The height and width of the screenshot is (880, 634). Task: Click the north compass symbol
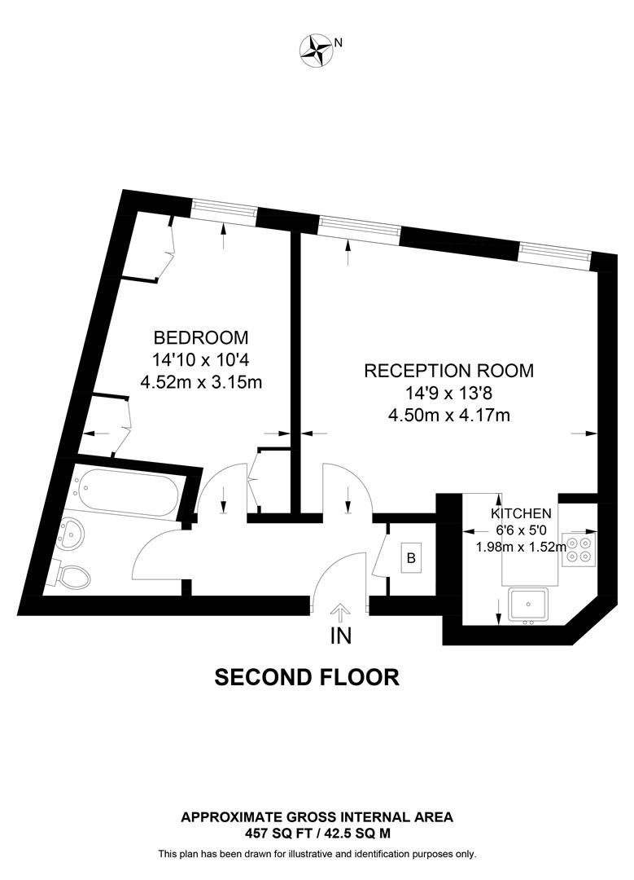[315, 50]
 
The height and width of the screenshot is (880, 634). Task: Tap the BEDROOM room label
[201, 337]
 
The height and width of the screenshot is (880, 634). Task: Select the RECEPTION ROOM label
[448, 371]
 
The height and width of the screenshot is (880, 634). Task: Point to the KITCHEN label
[522, 513]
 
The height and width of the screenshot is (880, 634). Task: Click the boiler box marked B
[411, 559]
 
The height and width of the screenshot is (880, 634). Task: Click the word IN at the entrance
[340, 637]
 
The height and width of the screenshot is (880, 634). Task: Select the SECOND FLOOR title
[307, 677]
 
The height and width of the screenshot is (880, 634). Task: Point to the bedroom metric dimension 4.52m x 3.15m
[201, 382]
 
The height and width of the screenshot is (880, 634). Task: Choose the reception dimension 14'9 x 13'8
[448, 393]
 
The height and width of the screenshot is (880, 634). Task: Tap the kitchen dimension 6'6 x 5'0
[522, 530]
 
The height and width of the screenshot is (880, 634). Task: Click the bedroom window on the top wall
[224, 212]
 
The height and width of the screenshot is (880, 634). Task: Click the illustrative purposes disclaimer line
[317, 854]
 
